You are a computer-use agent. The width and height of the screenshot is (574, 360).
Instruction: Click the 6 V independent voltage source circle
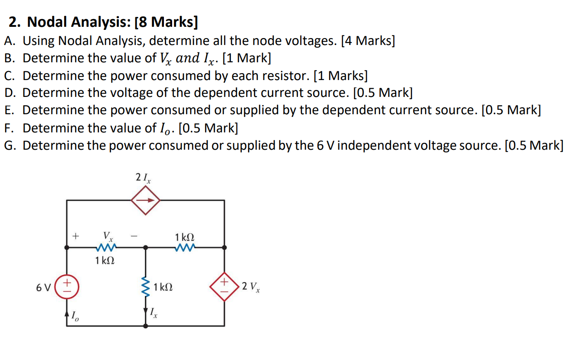point(67,287)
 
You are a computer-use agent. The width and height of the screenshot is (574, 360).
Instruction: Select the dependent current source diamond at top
point(146,200)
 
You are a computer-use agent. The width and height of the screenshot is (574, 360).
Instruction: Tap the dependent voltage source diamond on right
point(224,286)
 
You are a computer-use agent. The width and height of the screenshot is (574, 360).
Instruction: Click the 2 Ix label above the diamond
point(143,178)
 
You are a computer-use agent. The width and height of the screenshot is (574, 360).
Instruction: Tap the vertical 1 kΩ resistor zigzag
point(145,287)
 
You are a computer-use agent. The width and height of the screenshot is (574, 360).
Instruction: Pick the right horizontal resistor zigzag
point(185,248)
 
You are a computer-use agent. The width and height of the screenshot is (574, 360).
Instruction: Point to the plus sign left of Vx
point(76,236)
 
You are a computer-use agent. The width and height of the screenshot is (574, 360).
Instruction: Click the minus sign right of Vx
point(134,236)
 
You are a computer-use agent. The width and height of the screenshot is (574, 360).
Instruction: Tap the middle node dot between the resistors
point(146,248)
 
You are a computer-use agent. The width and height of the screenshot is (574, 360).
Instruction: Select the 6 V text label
point(44,287)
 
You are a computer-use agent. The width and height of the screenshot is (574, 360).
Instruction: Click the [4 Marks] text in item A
point(368,41)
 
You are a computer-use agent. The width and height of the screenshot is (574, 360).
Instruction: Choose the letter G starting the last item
point(10,145)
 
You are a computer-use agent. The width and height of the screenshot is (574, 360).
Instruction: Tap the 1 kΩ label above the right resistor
point(185,237)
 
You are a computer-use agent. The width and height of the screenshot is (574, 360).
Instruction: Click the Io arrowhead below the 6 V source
point(67,312)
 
